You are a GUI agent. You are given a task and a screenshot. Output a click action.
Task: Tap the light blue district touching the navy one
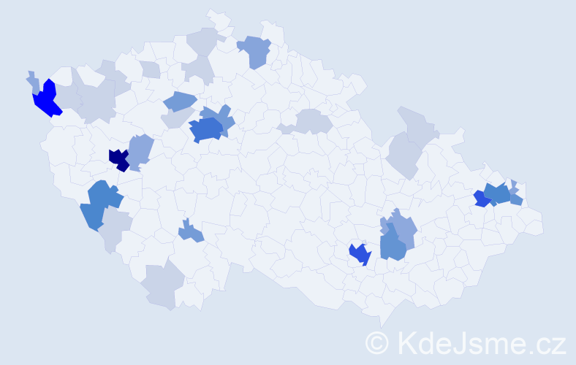click(x=140, y=149)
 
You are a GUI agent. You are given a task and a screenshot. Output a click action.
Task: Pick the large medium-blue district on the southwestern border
click(x=99, y=204)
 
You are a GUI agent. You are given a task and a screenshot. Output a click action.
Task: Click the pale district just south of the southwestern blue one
click(x=114, y=229)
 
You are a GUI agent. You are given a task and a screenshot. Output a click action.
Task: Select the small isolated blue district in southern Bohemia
click(x=192, y=232)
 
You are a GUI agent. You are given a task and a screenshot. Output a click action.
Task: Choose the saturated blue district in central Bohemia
click(x=205, y=129)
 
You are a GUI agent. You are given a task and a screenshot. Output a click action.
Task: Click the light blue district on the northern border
click(x=254, y=50)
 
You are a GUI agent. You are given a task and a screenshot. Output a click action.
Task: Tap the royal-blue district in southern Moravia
click(x=360, y=253)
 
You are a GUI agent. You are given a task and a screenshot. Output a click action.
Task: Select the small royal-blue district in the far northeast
click(x=480, y=199)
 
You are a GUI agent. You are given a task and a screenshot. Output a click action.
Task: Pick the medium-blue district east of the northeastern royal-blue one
click(x=499, y=193)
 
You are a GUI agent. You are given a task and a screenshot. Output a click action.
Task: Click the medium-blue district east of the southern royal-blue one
click(x=393, y=244)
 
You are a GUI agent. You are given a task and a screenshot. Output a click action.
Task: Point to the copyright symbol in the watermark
click(x=377, y=342)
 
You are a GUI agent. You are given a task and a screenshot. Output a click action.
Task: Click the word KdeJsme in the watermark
click(x=458, y=342)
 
